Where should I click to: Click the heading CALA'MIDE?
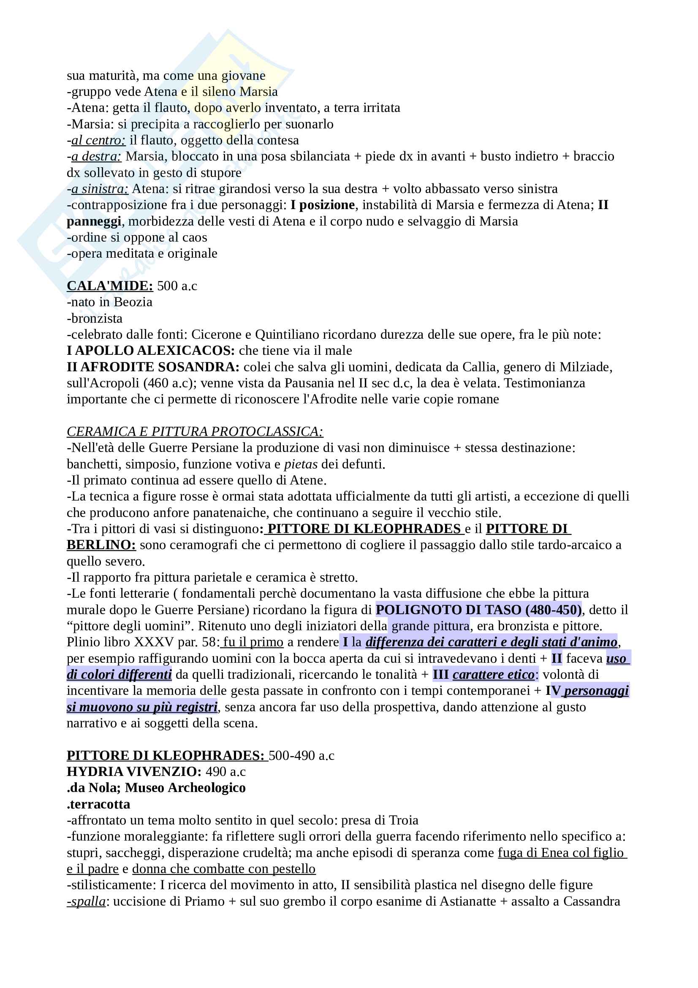tap(110, 286)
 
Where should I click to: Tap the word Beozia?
tap(133, 302)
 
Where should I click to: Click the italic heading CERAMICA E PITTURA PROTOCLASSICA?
tap(195, 432)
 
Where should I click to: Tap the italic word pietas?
tap(301, 464)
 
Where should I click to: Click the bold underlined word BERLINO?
tap(101, 545)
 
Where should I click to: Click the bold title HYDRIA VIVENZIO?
tap(134, 772)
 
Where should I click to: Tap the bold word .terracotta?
tap(98, 804)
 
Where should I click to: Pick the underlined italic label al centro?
tap(98, 140)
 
